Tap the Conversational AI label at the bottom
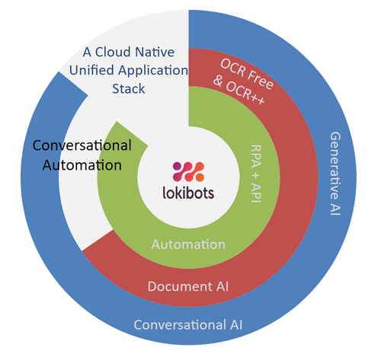pyautogui.click(x=188, y=325)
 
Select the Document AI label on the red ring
pyautogui.click(x=188, y=286)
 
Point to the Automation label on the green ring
pyautogui.click(x=188, y=244)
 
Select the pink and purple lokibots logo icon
pyautogui.click(x=189, y=170)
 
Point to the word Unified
pyautogui.click(x=90, y=71)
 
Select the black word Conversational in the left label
pyautogui.click(x=82, y=145)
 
